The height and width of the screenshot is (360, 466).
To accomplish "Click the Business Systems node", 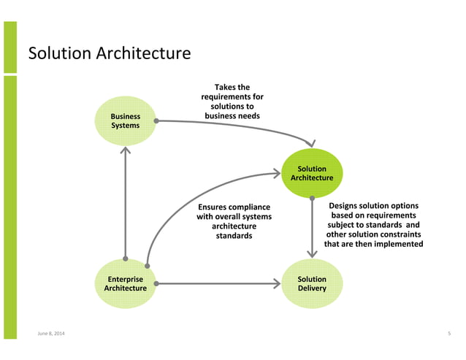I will point(125,121).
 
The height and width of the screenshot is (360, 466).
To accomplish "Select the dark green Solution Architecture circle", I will point(312,173).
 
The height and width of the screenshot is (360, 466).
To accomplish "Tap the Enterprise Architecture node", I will point(126,283).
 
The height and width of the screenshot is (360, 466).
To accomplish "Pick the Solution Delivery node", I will point(312,283).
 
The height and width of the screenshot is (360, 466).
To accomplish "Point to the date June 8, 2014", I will point(50,334).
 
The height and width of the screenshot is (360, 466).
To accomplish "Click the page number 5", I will point(449,334).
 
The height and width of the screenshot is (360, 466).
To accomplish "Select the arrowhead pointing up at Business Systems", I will point(126,151).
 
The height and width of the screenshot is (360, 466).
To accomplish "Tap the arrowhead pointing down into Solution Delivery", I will point(313,253).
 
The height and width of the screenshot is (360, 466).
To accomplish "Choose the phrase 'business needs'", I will point(232,115).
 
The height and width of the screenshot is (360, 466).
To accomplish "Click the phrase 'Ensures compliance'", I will point(234,207).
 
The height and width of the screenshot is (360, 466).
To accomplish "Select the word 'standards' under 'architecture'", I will point(234,236).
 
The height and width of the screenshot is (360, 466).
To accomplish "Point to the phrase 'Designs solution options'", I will point(373,206).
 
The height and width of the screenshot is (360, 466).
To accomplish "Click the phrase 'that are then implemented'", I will point(373,244).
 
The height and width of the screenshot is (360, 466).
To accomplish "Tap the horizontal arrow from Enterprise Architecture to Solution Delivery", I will point(219,283).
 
